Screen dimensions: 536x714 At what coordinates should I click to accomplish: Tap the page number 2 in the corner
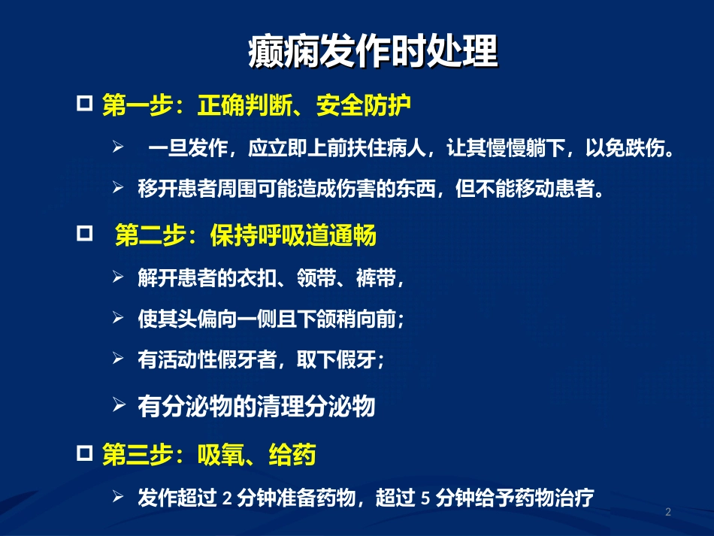tap(667, 512)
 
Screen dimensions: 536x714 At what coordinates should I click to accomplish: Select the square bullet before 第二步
tap(86, 234)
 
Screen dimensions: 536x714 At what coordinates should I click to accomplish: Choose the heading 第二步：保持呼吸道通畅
tap(246, 237)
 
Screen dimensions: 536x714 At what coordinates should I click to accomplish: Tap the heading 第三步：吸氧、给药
tap(209, 455)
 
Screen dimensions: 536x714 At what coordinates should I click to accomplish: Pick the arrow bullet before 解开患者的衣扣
tap(118, 277)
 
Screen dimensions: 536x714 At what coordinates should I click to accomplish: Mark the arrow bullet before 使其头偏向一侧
tap(118, 318)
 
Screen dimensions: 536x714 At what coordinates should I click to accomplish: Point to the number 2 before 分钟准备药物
tap(228, 498)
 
